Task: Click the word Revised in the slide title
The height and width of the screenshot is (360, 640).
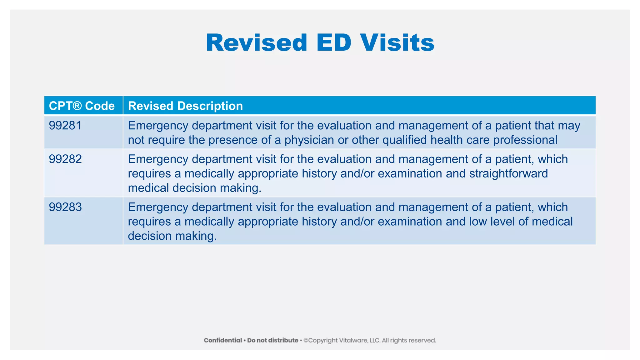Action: point(257,43)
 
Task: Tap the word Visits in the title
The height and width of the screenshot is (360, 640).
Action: point(397,43)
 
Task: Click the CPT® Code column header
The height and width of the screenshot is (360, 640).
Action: point(82,106)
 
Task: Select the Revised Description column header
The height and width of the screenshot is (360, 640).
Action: point(185,106)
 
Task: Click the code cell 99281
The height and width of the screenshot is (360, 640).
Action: point(65,126)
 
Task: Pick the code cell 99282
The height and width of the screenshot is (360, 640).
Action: point(65,159)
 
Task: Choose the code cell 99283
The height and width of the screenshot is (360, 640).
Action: point(65,207)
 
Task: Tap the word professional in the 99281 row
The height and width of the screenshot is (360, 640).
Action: point(525,140)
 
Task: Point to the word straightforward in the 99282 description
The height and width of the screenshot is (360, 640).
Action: point(508,173)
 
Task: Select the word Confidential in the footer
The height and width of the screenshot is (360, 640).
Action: point(223,340)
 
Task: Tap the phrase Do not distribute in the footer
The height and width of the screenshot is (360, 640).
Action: point(272,340)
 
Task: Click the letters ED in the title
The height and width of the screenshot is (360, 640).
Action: point(334,43)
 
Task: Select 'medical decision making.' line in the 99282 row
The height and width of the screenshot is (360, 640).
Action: point(194,188)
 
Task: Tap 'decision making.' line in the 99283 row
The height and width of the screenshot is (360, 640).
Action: point(172,236)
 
